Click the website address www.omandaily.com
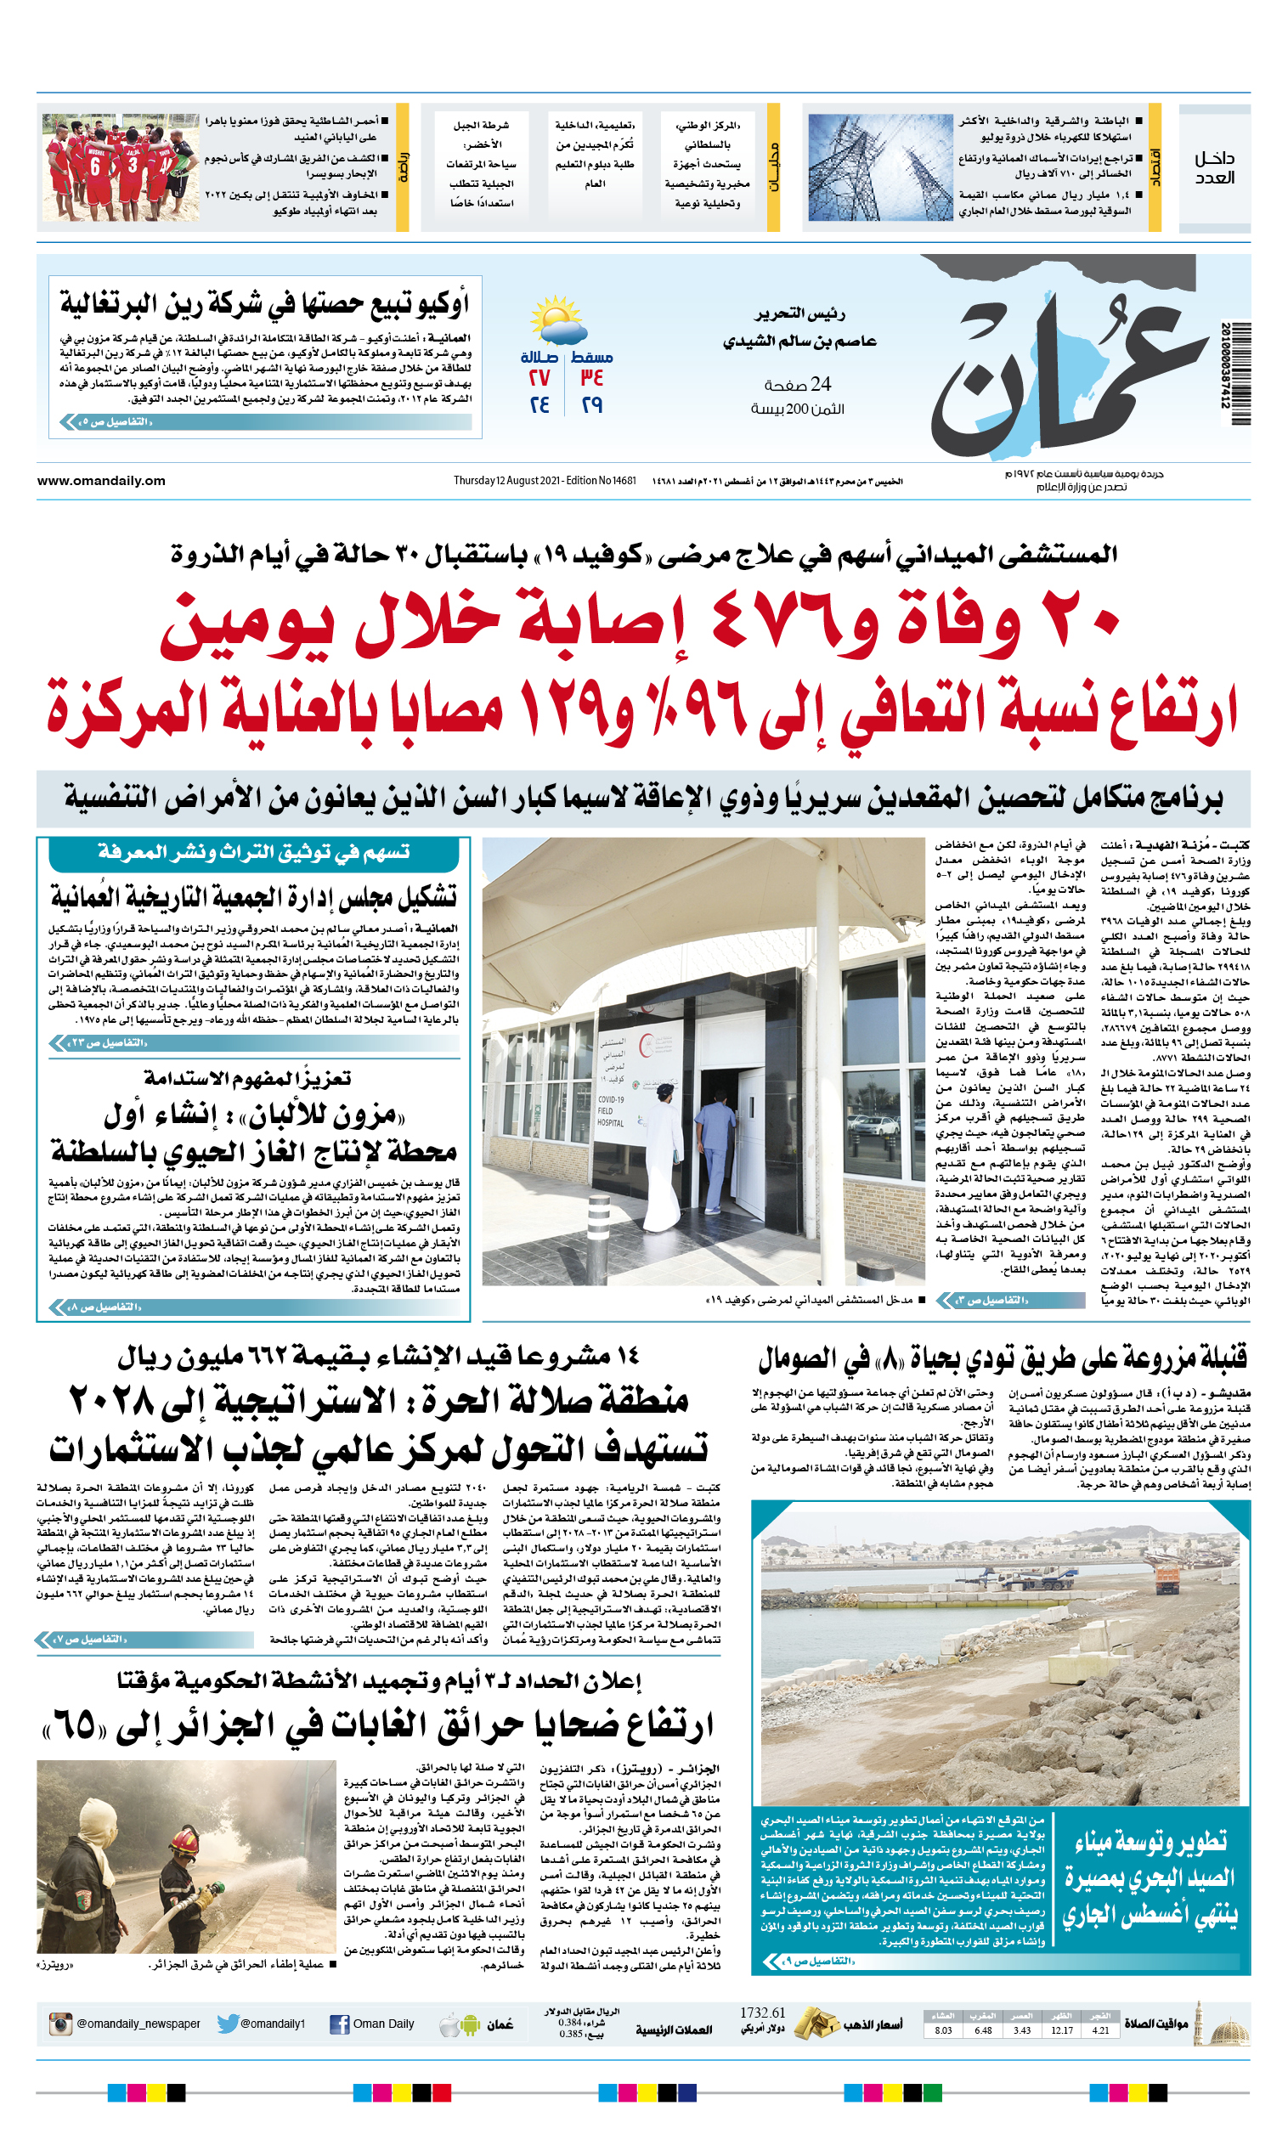100,481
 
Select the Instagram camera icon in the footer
59,2024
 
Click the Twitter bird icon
228,2024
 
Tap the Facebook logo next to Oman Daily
340,2024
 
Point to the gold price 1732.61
762,2012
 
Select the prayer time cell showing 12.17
1061,2030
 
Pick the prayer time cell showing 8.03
943,2030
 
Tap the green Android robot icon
471,2025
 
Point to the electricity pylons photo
879,168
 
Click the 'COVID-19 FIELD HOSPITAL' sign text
610,1111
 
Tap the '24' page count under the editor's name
820,384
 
